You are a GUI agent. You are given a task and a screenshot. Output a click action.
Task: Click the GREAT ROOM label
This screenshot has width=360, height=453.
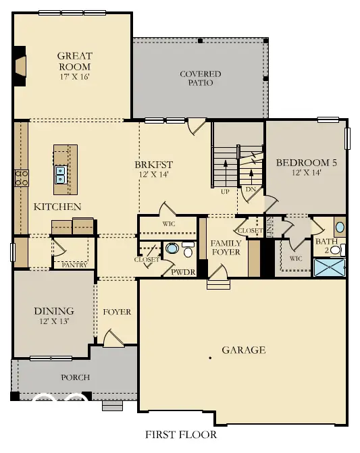click(x=74, y=61)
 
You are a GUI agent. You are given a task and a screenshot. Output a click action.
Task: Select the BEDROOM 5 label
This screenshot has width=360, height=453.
click(x=306, y=163)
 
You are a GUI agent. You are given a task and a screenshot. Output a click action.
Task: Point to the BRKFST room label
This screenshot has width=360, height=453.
click(x=153, y=164)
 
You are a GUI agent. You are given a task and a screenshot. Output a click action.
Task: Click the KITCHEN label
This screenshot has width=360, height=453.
click(x=57, y=207)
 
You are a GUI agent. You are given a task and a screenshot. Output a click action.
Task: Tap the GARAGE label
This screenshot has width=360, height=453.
click(x=243, y=350)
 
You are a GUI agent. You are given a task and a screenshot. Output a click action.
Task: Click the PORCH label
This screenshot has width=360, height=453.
click(x=76, y=377)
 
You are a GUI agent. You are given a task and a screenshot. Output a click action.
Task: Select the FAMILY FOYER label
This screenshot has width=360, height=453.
click(x=226, y=248)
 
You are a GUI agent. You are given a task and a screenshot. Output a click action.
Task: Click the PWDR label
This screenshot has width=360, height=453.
click(x=182, y=272)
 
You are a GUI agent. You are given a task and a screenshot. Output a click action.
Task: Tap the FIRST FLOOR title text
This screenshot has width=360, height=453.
click(x=181, y=435)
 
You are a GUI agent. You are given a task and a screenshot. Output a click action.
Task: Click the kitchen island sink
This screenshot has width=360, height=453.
click(x=60, y=175)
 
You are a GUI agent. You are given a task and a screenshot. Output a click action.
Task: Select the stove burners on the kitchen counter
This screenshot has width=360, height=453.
click(x=21, y=178)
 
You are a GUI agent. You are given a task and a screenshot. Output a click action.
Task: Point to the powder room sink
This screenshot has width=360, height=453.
click(x=172, y=250)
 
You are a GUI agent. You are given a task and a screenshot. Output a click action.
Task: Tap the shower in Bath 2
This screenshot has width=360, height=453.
click(x=330, y=268)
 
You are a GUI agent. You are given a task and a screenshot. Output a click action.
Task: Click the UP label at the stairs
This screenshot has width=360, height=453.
click(x=226, y=191)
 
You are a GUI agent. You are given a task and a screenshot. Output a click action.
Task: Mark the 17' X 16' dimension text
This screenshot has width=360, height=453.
click(x=74, y=76)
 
